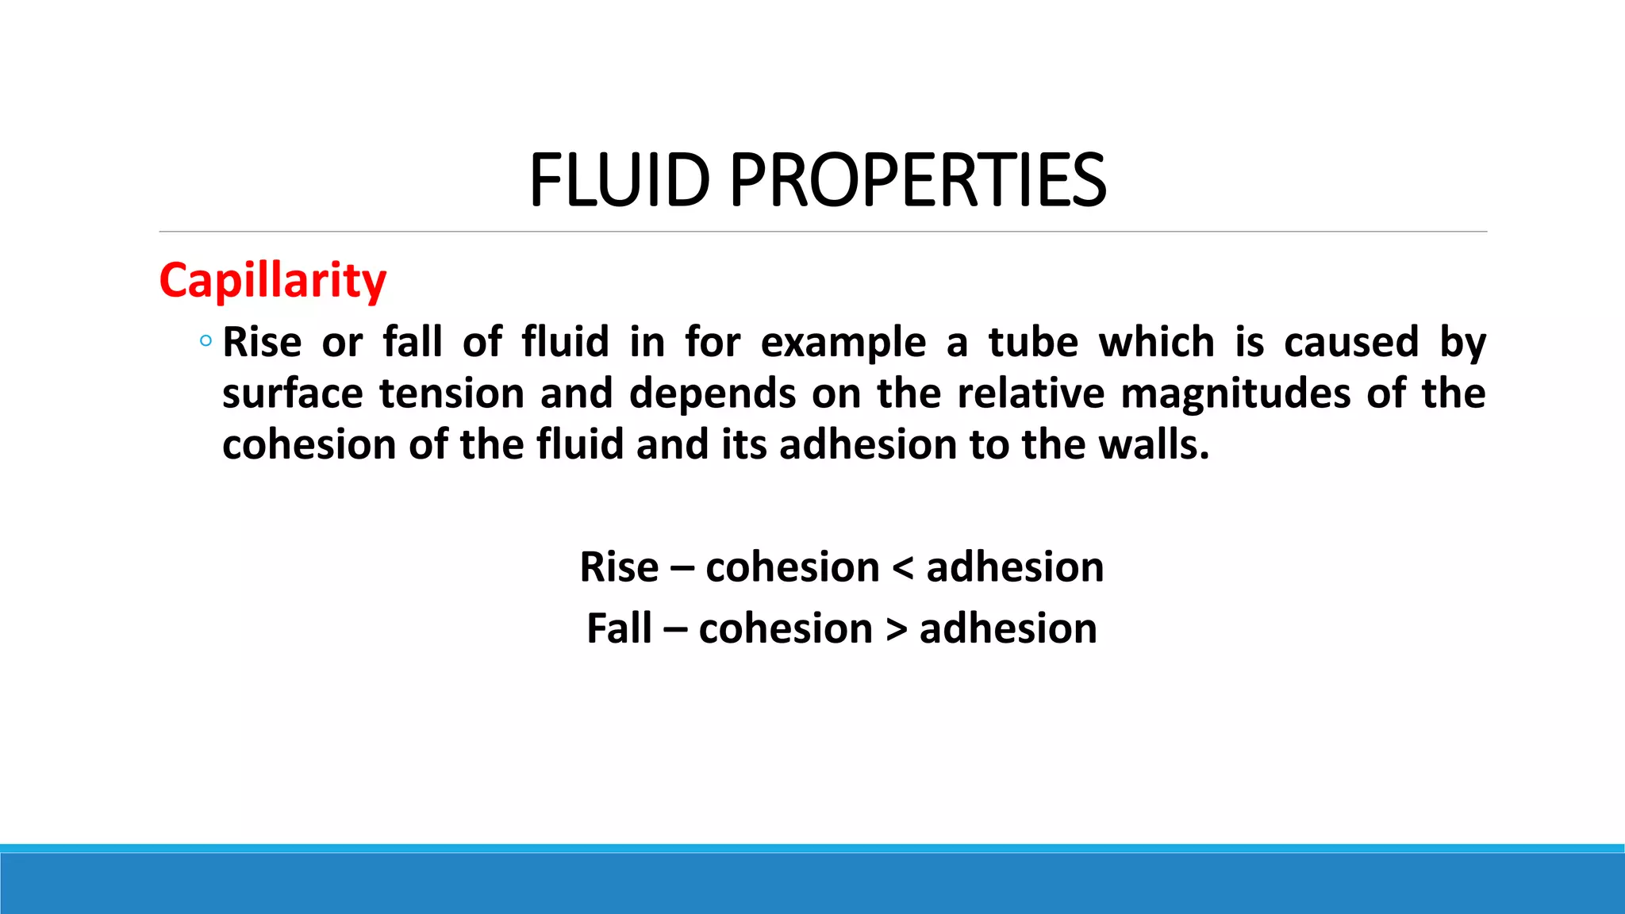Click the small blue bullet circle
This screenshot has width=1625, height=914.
point(206,341)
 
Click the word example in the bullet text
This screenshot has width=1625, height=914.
point(843,344)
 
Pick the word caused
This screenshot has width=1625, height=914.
point(1351,342)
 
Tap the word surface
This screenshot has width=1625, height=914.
point(294,394)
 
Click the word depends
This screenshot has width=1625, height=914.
point(713,394)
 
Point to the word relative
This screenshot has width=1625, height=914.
point(1031,394)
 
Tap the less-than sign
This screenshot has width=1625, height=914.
point(903,568)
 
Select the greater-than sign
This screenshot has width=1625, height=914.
point(897,629)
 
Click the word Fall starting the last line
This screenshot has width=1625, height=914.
point(619,628)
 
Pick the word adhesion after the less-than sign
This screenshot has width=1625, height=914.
point(1015,567)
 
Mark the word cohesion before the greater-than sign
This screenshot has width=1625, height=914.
point(786,628)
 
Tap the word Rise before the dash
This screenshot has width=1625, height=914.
point(619,567)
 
